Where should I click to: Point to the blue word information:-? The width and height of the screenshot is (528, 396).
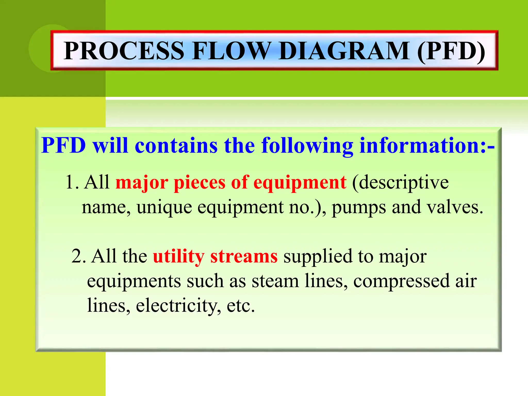(x=427, y=145)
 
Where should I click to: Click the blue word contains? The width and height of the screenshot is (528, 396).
(x=176, y=145)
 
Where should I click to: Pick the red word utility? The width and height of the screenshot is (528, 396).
(x=179, y=257)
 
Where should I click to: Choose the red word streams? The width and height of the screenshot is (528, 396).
(x=244, y=256)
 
